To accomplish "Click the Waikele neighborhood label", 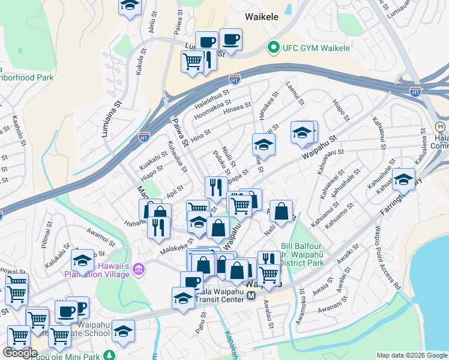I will coord(262,17).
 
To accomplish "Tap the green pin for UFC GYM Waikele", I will coord(273,46).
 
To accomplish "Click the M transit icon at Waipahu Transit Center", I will coord(252,295).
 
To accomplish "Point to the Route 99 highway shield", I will coord(440,126).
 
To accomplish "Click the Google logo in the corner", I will coord(20,353).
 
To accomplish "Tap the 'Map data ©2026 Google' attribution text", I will coord(411,355).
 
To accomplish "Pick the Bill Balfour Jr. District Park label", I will coord(303,254).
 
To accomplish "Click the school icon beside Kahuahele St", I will coord(403,179).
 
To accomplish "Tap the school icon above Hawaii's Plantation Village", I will coord(82,260).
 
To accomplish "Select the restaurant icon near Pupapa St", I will coord(215,188).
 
